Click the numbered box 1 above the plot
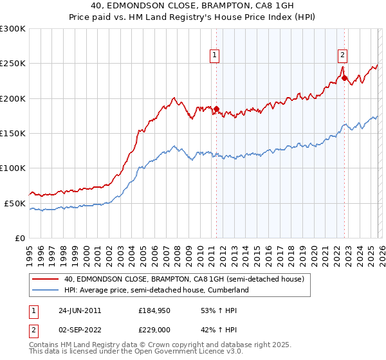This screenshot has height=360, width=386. (x=214, y=55)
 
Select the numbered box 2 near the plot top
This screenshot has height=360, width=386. (x=343, y=55)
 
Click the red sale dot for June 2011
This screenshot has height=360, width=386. (x=216, y=109)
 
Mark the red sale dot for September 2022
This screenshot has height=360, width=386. (x=344, y=78)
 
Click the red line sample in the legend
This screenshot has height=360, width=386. (x=46, y=279)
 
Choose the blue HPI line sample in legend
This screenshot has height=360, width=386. (x=46, y=290)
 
